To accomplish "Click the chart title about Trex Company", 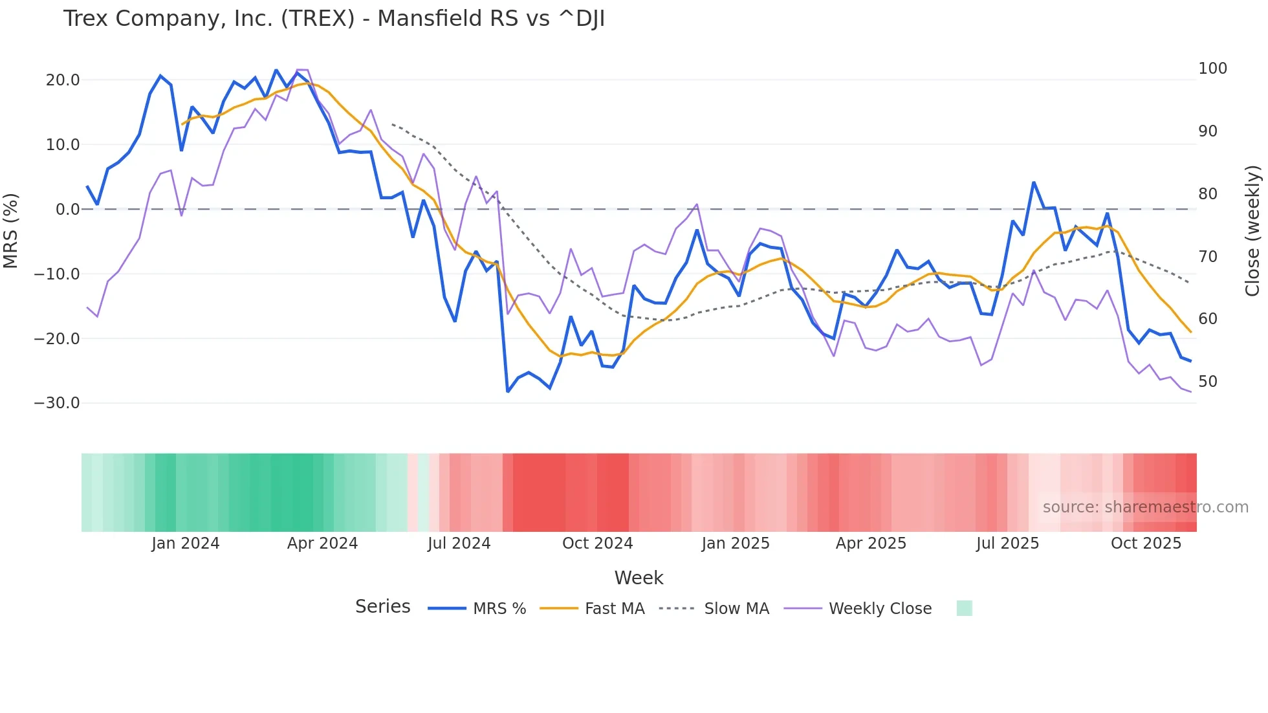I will [x=334, y=19].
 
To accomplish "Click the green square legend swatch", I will [x=964, y=608].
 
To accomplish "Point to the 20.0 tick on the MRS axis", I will [x=63, y=80].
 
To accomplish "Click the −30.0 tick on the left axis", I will [x=57, y=403].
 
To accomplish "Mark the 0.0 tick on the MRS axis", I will [x=67, y=210].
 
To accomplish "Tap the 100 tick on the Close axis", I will [x=1212, y=69].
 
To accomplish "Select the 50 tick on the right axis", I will [x=1208, y=382].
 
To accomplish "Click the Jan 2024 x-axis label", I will [x=186, y=543].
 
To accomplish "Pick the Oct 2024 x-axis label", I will [x=597, y=543].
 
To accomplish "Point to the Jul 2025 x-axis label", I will [x=1007, y=543].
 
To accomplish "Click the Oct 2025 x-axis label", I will [x=1146, y=543].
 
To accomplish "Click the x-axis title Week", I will [x=639, y=578].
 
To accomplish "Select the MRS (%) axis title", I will [x=11, y=231].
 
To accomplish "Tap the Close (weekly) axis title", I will [x=1253, y=231].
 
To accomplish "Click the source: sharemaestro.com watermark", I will [x=1145, y=507].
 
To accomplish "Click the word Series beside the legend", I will [x=382, y=607].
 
